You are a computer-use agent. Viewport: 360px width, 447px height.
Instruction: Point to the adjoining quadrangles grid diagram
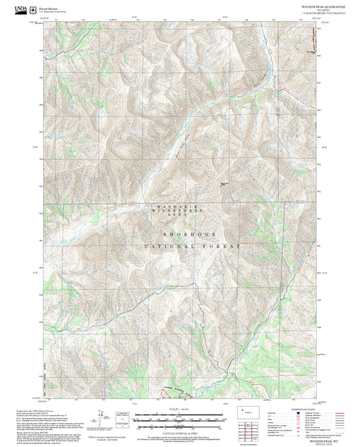coord(250,427)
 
